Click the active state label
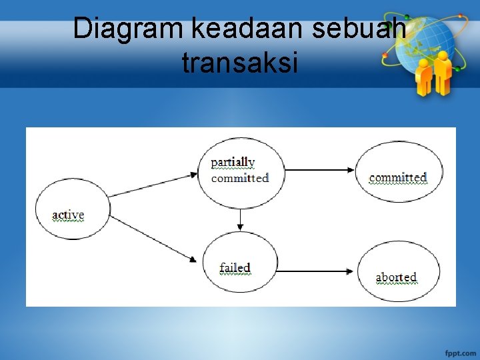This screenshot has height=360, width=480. point(68,215)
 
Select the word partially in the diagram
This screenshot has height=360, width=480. point(233,162)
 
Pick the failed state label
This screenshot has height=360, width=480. point(235,268)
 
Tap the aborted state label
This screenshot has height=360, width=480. point(396,277)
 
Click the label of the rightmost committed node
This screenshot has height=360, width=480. point(398,177)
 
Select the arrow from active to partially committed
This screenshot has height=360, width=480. point(153,185)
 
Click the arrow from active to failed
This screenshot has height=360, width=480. point(153,238)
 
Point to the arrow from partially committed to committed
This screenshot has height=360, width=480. point(320,170)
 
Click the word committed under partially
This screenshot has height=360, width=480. point(240,178)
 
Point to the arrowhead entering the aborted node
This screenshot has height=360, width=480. point(349,271)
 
